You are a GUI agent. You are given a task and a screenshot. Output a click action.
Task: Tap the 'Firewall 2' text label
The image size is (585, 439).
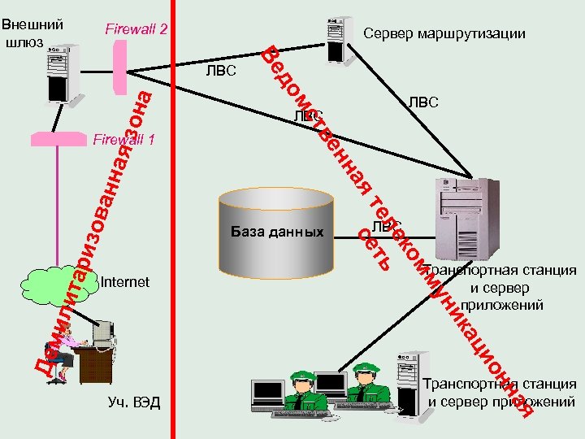[x=136, y=30]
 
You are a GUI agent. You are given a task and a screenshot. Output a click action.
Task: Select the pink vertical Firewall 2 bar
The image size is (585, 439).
[x=121, y=65]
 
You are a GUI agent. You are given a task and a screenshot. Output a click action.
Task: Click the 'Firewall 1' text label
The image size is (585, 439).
[x=123, y=140]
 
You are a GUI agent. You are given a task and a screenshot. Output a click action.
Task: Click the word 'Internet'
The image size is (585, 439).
[x=126, y=282]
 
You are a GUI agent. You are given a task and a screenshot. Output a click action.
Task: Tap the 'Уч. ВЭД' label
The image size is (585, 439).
[x=134, y=402]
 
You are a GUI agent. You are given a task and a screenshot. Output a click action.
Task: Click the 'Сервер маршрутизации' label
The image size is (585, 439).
[x=444, y=34]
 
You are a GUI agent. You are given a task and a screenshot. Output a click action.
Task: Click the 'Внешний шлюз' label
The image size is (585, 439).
[x=32, y=33]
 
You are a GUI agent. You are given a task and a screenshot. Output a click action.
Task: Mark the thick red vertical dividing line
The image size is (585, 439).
[x=176, y=244]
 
